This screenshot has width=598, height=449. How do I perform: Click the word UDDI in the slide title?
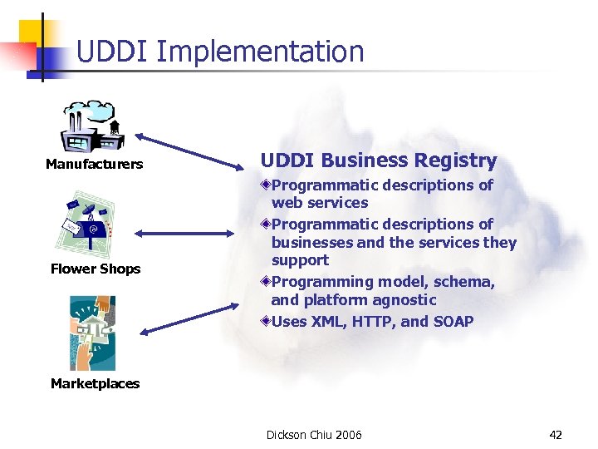[111, 52]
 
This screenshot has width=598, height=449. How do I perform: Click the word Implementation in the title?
[259, 52]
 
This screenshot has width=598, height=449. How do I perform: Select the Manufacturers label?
[94, 165]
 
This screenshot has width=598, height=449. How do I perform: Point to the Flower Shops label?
[96, 269]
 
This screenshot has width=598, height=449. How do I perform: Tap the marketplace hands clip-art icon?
[92, 333]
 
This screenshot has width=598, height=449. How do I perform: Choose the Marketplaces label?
[95, 383]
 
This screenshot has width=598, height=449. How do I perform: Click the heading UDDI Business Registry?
[379, 160]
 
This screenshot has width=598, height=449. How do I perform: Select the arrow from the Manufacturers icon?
[189, 151]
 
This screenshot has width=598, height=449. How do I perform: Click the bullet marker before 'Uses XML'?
[264, 321]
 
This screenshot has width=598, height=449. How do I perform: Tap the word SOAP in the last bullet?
[453, 321]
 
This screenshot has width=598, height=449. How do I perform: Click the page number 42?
[556, 435]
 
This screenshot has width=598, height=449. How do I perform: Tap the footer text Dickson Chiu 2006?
[314, 435]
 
